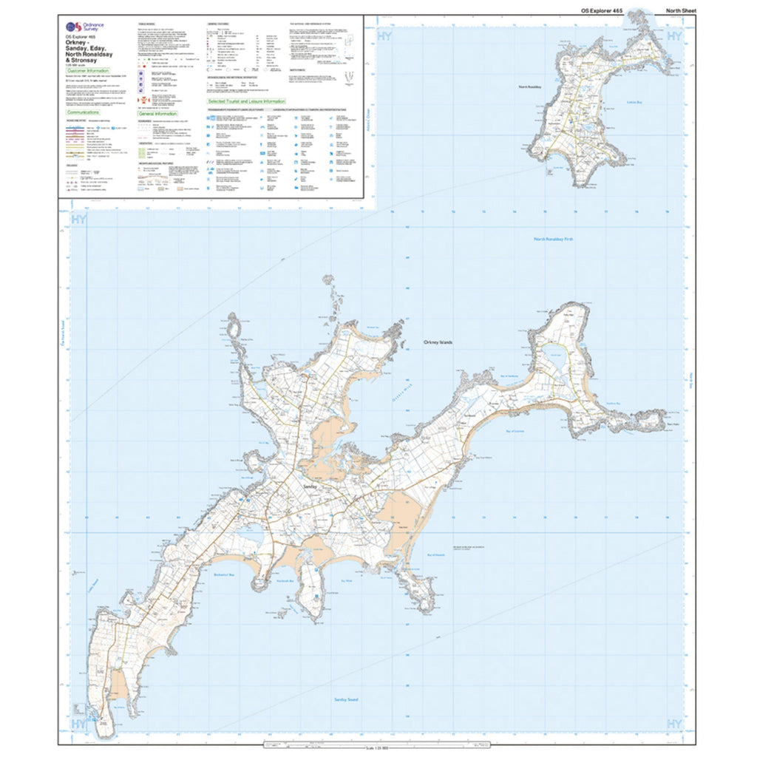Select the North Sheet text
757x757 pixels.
[680, 10]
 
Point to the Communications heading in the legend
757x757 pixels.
[84, 112]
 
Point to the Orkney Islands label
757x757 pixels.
[438, 343]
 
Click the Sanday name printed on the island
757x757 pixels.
[309, 488]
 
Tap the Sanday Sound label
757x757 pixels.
[347, 699]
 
